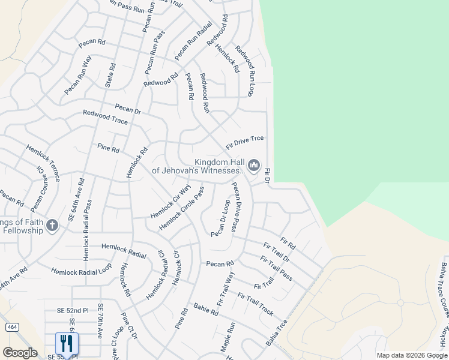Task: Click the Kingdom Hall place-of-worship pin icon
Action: (254, 165)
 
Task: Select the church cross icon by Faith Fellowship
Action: (52, 226)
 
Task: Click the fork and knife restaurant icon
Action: (67, 343)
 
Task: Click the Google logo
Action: (20, 353)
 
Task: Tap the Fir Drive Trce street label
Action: (245, 142)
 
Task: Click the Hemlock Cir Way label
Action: (170, 201)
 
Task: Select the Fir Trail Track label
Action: (255, 304)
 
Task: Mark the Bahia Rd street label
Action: (206, 309)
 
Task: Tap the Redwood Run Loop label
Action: (245, 71)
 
